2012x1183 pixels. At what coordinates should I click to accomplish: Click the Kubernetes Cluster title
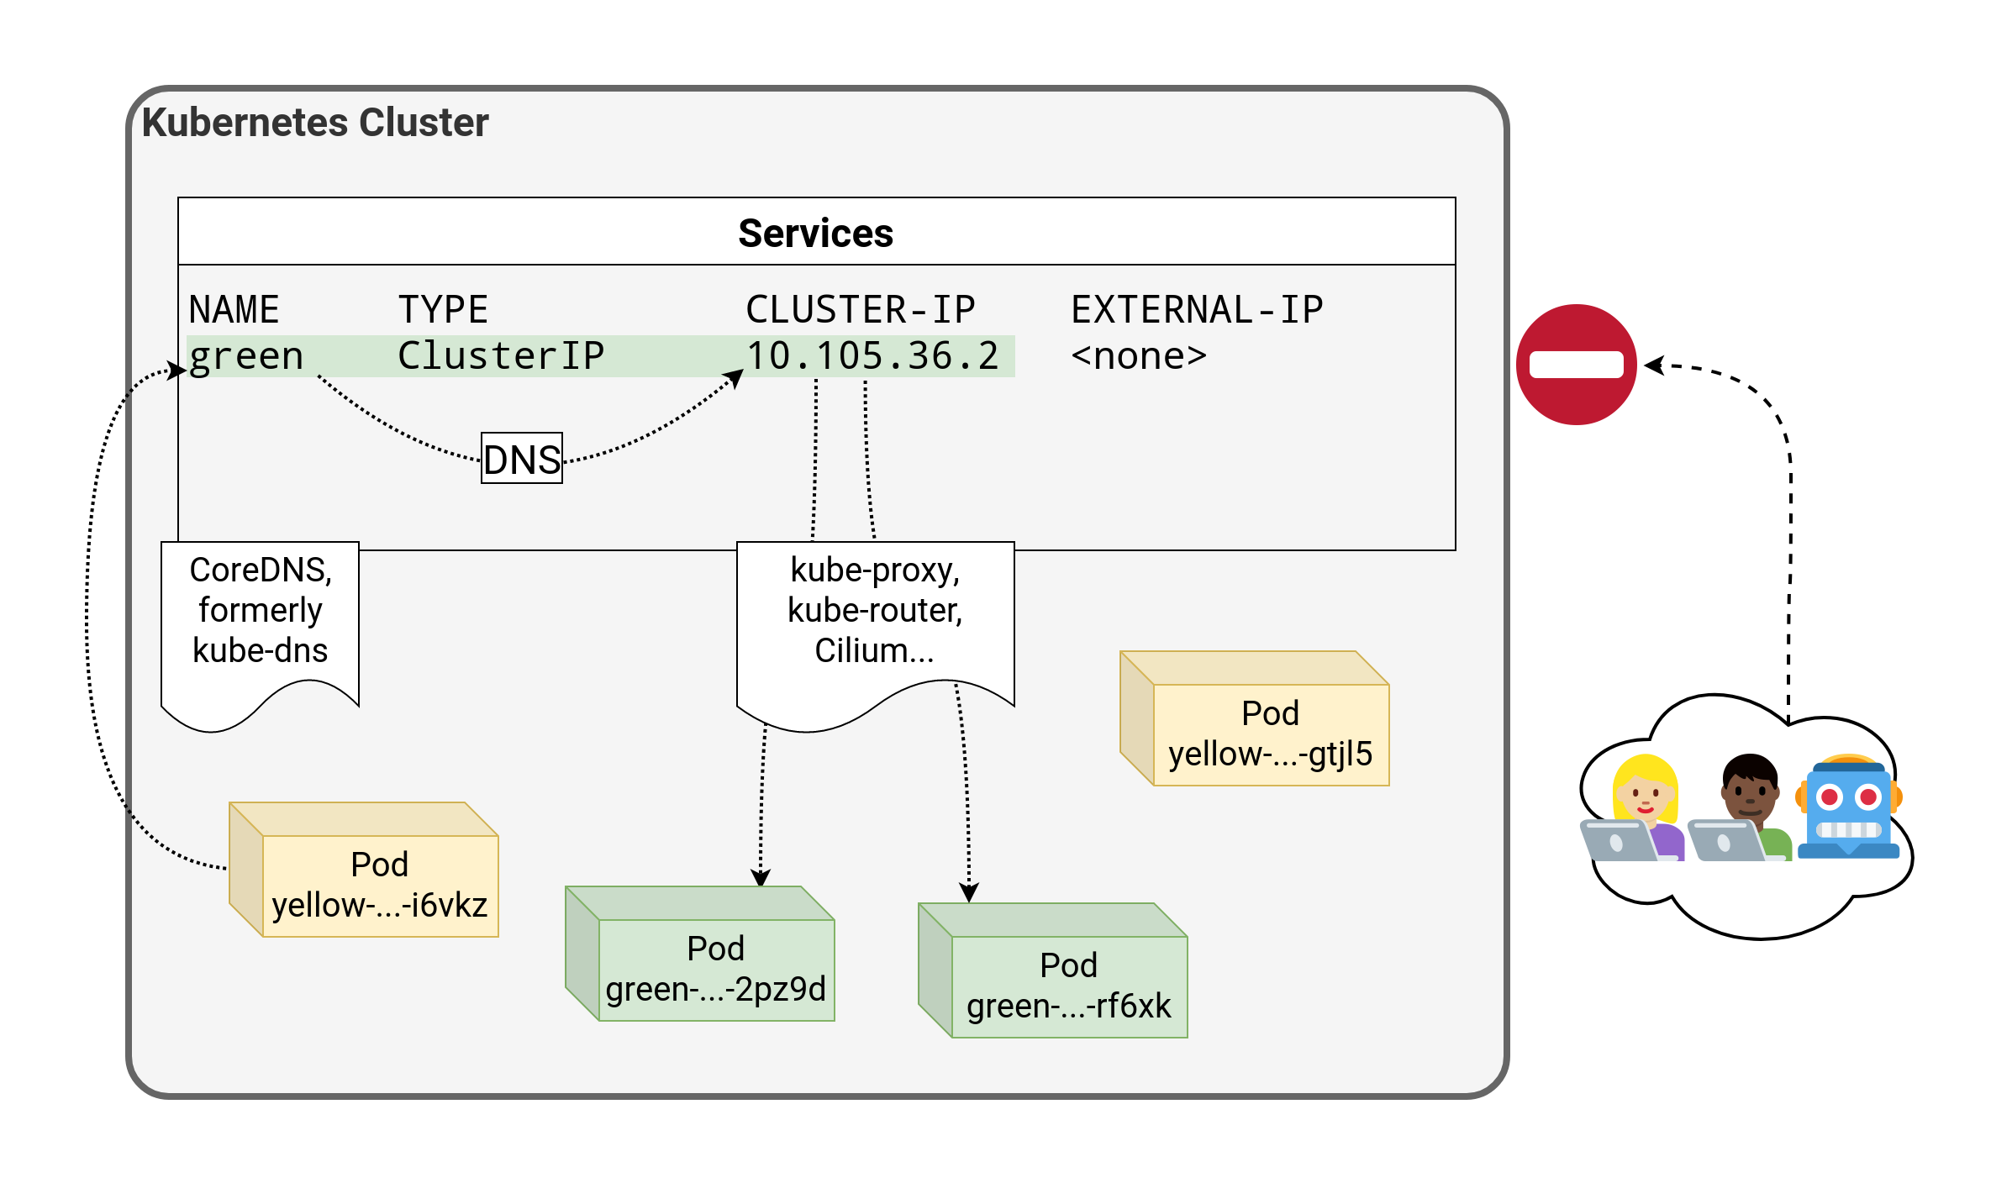315,123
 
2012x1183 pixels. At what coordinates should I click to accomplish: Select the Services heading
815,233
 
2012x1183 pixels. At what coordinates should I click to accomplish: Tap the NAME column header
234,309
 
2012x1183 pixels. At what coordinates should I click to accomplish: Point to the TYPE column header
443,309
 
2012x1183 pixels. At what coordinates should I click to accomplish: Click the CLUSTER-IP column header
860,309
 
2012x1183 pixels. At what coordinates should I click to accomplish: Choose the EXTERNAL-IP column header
1197,309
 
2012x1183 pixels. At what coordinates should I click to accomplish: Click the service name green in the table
245,356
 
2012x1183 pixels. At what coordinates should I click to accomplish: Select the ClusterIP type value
501,356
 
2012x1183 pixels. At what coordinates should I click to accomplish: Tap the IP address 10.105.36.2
872,356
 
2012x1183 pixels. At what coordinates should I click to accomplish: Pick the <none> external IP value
1139,356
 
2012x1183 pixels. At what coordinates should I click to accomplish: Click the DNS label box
522,459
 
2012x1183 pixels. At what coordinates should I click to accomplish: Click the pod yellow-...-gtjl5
1269,733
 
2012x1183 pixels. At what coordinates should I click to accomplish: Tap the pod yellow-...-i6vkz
379,885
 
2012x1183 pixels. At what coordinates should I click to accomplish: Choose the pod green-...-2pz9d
715,969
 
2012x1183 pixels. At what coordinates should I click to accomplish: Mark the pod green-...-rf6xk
1068,986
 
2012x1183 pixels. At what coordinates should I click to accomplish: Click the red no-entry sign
1576,365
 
